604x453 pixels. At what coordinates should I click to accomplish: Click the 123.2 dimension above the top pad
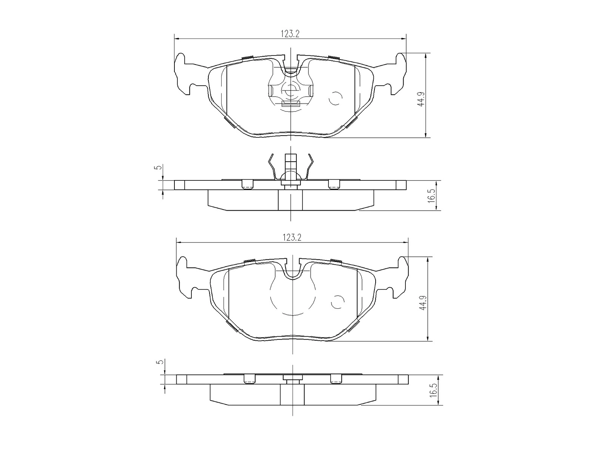pyautogui.click(x=290, y=34)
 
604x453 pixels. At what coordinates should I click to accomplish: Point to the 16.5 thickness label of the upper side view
pyautogui.click(x=431, y=196)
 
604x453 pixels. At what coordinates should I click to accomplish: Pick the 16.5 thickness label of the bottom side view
pyautogui.click(x=433, y=390)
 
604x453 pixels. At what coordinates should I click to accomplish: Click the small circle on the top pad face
pyautogui.click(x=336, y=98)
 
